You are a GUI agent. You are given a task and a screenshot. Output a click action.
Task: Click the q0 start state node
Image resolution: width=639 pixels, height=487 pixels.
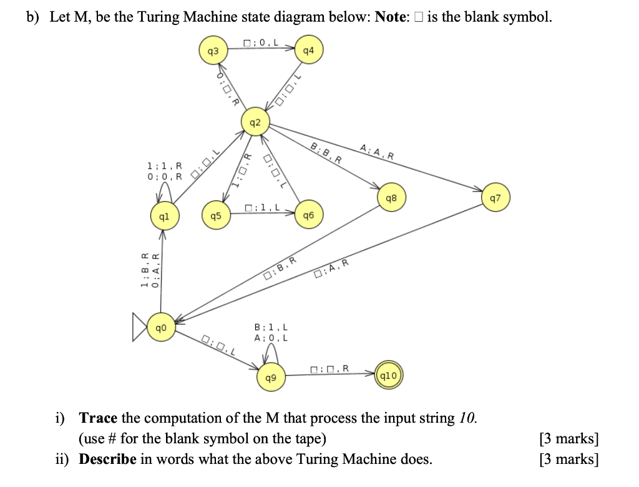pyautogui.click(x=162, y=327)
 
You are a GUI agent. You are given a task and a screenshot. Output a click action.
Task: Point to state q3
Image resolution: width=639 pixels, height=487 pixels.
pyautogui.click(x=213, y=51)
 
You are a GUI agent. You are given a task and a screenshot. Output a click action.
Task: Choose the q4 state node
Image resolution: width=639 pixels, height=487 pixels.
pyautogui.click(x=308, y=51)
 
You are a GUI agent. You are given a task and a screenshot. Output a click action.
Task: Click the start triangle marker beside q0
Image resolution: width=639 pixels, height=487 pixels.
pyautogui.click(x=141, y=328)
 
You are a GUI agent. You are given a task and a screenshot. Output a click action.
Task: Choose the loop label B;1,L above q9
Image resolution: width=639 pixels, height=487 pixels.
pyautogui.click(x=271, y=327)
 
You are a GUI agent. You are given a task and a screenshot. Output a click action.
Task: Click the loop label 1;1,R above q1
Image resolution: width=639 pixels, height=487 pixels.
pyautogui.click(x=164, y=166)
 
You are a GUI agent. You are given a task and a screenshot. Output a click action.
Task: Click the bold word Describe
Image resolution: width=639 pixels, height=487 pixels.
pyautogui.click(x=107, y=459)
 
